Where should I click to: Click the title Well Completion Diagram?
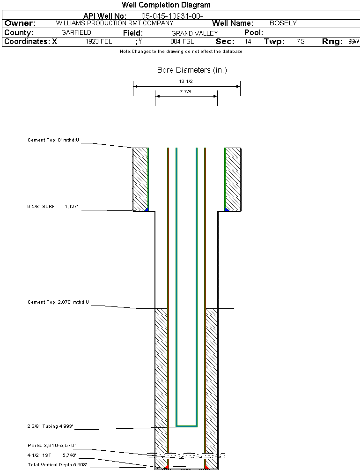166,5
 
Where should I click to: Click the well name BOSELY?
283,23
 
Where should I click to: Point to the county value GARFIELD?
76,33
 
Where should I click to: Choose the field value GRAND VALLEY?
194,33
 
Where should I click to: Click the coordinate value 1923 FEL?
99,42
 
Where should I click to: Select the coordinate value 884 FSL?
182,42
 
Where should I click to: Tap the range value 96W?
353,42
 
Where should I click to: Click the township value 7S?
301,42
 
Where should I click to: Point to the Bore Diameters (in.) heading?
192,70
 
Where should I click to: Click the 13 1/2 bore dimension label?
186,82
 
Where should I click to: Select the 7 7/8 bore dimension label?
186,92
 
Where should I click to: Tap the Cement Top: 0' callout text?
53,140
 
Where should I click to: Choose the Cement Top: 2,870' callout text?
58,302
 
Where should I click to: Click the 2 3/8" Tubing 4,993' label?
50,426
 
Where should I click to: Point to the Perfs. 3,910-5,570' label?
51,445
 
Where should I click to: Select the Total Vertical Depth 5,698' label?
57,464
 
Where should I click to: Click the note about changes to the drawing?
181,52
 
